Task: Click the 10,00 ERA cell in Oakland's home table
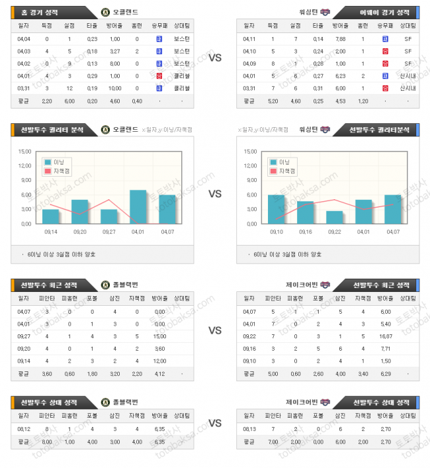click(114, 88)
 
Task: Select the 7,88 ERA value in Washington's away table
click(341, 38)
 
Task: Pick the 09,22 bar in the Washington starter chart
click(335, 217)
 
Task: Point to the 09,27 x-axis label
click(109, 232)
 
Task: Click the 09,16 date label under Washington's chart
click(305, 232)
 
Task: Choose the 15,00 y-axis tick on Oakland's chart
click(24, 151)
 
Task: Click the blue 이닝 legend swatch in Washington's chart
click(273, 162)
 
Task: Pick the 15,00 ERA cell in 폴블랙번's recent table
click(159, 336)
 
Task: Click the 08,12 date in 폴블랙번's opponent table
click(24, 428)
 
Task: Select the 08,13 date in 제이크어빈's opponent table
click(249, 428)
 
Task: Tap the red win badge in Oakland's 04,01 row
click(159, 75)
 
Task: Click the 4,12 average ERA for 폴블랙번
click(159, 374)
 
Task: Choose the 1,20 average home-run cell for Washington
click(363, 101)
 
